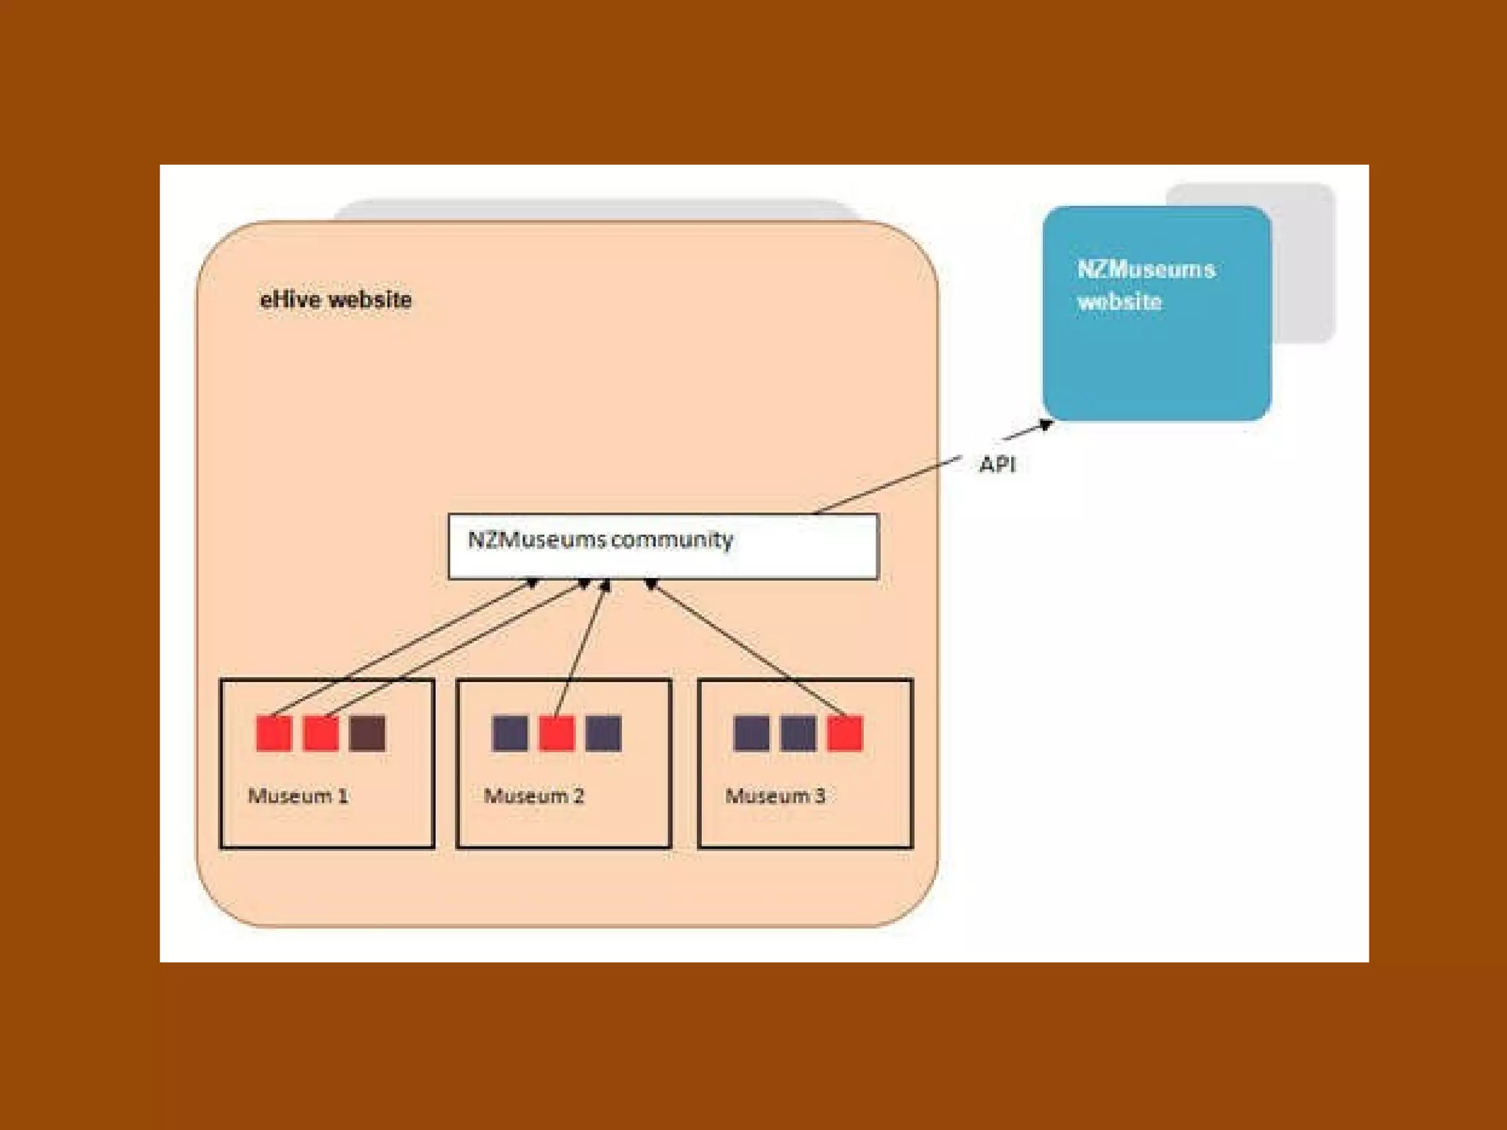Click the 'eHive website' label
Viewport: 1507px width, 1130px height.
(x=336, y=299)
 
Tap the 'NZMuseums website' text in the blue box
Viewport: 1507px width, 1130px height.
(x=1145, y=285)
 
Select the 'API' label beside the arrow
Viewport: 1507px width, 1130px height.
(x=997, y=464)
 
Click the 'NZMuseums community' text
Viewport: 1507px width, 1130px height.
(x=600, y=540)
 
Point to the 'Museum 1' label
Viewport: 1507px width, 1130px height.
(x=298, y=795)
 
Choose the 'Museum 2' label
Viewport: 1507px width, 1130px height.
(x=534, y=795)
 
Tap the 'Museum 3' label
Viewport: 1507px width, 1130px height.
(x=776, y=795)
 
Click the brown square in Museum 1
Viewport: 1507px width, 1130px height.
(x=367, y=733)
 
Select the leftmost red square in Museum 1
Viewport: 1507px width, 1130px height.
(x=274, y=733)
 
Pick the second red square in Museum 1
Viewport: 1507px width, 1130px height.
(x=321, y=733)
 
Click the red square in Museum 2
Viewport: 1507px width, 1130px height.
(x=556, y=733)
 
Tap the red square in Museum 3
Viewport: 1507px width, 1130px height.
(x=845, y=733)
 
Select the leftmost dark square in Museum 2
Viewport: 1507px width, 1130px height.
(x=510, y=733)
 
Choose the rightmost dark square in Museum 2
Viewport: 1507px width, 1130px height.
(x=603, y=733)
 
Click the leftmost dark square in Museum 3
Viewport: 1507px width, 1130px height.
(x=751, y=733)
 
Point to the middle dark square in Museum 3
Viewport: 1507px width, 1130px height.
(x=798, y=733)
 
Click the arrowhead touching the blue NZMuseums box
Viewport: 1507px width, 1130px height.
(x=1046, y=424)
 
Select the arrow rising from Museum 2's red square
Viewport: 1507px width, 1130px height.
(x=581, y=647)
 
